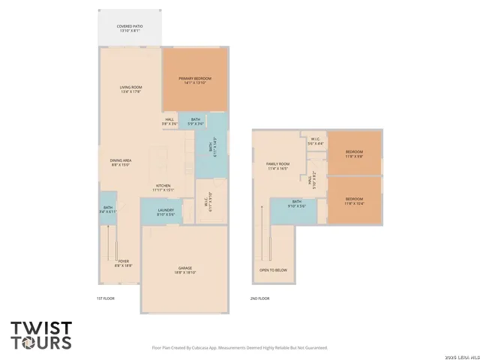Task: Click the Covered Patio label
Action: tap(129, 28)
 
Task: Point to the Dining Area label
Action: tap(121, 162)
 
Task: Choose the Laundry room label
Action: tap(166, 212)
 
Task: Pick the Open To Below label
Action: tap(273, 270)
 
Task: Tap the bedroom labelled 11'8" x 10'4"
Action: tap(354, 201)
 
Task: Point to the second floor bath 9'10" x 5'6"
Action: tap(297, 203)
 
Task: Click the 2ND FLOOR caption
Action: tap(259, 298)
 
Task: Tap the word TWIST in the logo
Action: tap(41, 328)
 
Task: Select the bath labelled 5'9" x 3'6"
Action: tap(195, 121)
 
